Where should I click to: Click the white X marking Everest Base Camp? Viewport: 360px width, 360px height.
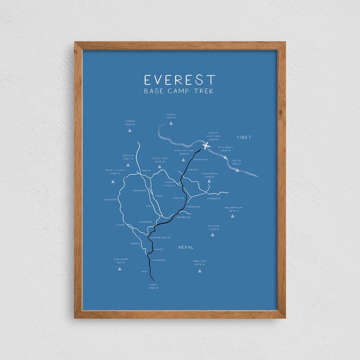[206, 146]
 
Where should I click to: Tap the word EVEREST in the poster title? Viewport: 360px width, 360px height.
[180, 80]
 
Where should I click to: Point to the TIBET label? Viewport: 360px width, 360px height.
[243, 137]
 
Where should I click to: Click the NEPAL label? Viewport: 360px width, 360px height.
[186, 247]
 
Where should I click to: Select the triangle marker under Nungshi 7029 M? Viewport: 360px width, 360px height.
[171, 123]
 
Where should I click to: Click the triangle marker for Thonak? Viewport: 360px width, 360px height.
[130, 130]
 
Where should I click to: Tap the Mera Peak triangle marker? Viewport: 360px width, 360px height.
[199, 271]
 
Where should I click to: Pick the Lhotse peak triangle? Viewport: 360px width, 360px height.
[237, 170]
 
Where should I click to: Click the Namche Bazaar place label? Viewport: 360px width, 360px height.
[160, 237]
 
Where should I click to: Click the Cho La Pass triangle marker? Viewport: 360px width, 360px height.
[160, 166]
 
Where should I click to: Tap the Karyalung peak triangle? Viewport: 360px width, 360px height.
[120, 268]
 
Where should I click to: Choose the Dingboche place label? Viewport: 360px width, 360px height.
[214, 198]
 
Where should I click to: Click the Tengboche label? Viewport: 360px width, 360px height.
[183, 217]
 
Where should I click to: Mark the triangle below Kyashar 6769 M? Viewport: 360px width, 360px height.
[212, 234]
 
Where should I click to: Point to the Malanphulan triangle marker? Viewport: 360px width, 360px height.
[233, 216]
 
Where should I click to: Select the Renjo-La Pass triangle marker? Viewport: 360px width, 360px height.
[112, 181]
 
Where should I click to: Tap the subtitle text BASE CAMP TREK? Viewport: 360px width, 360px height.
[179, 91]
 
